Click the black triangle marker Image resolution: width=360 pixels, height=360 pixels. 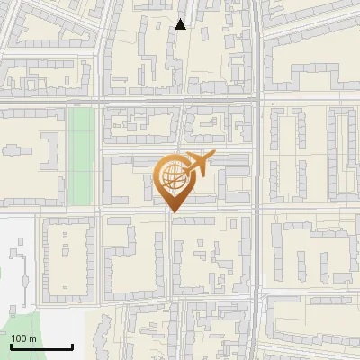pos(181,24)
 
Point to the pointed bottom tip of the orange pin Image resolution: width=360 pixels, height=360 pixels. pos(173,211)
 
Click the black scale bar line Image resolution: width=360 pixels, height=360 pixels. pos(41,346)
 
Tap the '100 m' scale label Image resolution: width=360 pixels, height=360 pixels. pos(23,338)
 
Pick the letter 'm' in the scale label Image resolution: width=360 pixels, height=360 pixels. pos(32,338)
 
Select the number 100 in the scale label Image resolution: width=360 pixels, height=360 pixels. pos(19,338)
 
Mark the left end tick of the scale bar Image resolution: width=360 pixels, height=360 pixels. pos(11,345)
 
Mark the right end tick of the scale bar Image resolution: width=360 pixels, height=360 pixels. pos(72,345)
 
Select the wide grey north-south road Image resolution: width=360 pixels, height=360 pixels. pos(258,180)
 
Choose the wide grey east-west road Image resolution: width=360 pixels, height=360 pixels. pos(135,102)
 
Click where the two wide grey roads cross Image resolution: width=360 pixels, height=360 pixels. pos(258,102)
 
